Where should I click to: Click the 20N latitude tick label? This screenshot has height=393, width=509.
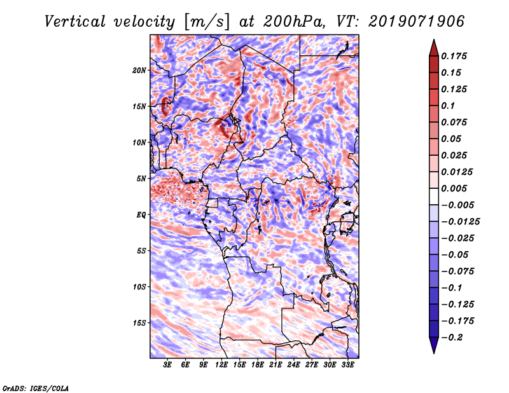point(139,70)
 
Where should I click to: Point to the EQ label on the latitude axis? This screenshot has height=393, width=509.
point(141,214)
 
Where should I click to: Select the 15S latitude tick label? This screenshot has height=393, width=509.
point(139,322)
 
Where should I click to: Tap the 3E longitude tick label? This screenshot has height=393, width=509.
point(168,365)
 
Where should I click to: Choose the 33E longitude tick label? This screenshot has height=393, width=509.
point(348,365)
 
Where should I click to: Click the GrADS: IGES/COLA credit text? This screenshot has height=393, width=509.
point(35,388)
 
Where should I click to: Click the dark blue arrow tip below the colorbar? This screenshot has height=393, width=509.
point(433,347)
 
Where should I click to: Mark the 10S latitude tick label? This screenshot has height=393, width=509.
point(139,287)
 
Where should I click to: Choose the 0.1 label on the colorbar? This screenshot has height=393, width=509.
point(449,106)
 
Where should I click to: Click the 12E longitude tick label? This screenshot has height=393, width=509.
point(222,365)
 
